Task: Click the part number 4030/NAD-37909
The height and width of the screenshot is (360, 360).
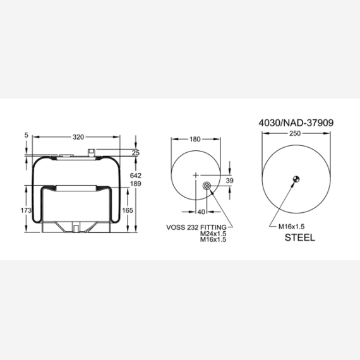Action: (x=296, y=123)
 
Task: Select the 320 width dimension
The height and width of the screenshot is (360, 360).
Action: (x=78, y=137)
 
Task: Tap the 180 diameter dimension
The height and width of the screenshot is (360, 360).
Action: (x=195, y=139)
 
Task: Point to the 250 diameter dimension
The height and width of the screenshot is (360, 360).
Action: (x=295, y=133)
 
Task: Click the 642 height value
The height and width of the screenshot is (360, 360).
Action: (x=136, y=176)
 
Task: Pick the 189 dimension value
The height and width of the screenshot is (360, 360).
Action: (x=136, y=184)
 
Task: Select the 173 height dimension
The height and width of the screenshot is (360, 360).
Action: (x=26, y=210)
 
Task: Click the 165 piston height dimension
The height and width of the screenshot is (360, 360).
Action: (x=128, y=210)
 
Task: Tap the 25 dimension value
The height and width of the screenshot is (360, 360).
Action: (x=136, y=153)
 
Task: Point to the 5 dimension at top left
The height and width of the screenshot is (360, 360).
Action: (x=27, y=135)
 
